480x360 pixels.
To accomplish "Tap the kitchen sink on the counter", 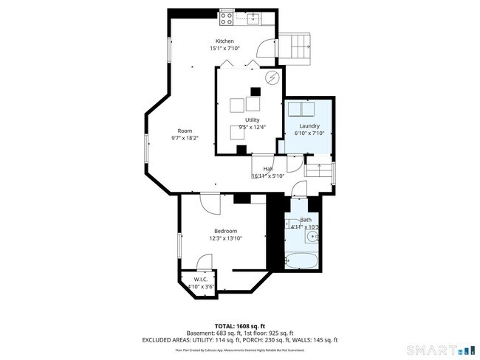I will [254, 18].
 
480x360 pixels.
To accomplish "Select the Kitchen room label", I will [224, 41].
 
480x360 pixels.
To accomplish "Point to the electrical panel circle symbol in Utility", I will [272, 76].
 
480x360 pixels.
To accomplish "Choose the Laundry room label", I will [309, 125].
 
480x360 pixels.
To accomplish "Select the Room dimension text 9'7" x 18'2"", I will [184, 138].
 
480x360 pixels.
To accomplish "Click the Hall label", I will [267, 169].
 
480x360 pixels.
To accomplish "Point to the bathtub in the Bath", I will [302, 260].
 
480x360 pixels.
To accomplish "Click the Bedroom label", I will [226, 231].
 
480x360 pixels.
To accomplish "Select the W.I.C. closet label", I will [201, 280].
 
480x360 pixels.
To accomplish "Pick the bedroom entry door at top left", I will [209, 201].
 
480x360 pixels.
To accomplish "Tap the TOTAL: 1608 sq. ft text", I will [239, 325].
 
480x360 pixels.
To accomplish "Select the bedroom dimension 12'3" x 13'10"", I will [226, 238].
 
